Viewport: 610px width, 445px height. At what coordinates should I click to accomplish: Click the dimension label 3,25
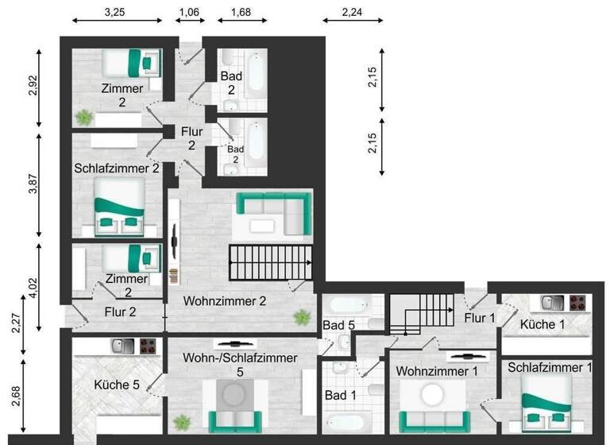pyautogui.click(x=117, y=12)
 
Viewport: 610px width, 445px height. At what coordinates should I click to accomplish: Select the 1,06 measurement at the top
pyautogui.click(x=188, y=12)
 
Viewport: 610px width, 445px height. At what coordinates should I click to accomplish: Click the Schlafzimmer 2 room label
pyautogui.click(x=118, y=168)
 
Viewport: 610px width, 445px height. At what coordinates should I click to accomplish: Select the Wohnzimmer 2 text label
pyautogui.click(x=224, y=301)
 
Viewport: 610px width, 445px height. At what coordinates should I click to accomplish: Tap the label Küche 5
pyautogui.click(x=117, y=385)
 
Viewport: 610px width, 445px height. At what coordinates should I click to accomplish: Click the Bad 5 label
pyautogui.click(x=338, y=324)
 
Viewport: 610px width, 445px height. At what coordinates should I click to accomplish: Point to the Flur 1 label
pyautogui.click(x=480, y=319)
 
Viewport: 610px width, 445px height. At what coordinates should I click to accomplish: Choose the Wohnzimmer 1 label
pyautogui.click(x=438, y=371)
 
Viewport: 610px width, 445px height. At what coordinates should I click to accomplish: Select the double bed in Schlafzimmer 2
pyautogui.click(x=119, y=207)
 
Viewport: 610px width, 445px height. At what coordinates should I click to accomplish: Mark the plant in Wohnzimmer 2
pyautogui.click(x=302, y=318)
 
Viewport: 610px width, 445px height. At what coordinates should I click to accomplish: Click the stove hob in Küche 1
pyautogui.click(x=577, y=302)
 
